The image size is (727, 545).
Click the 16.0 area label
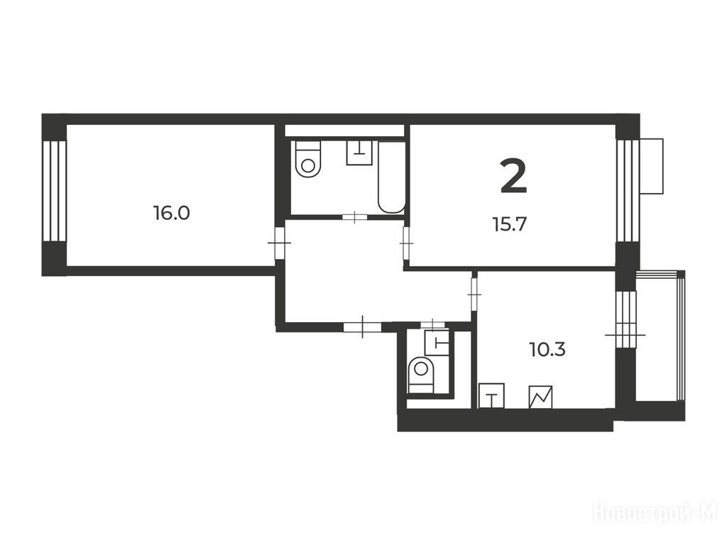[x=172, y=213]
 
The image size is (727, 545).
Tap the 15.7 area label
[x=510, y=225]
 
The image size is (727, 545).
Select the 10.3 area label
[x=547, y=349]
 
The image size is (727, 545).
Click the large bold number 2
[x=514, y=176]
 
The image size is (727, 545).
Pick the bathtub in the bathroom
[x=392, y=177]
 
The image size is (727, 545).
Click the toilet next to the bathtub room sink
[x=308, y=159]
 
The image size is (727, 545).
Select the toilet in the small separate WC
[x=421, y=375]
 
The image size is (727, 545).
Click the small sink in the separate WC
[x=437, y=343]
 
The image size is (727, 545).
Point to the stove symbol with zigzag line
[x=540, y=397]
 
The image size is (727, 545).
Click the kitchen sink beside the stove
[x=491, y=396]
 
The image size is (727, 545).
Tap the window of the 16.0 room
[x=55, y=191]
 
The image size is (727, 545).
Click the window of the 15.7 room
[x=628, y=190]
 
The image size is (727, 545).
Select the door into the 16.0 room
[x=280, y=243]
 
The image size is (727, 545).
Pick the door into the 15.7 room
[x=407, y=243]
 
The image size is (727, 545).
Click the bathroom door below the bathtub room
[x=355, y=216]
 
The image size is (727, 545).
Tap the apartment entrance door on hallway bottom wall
[x=362, y=327]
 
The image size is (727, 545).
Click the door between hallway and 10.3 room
[x=474, y=294]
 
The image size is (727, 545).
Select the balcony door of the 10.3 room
[x=625, y=334]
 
